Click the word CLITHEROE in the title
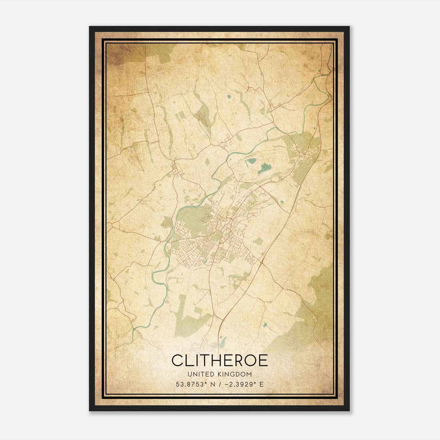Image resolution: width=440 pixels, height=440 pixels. coord(220,360)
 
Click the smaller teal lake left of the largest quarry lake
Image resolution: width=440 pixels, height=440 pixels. coord(251,161)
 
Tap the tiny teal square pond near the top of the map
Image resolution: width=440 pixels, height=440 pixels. coord(229,96)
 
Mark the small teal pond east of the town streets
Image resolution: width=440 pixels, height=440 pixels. coord(282,202)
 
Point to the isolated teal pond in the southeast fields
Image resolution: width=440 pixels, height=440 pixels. coord(265,325)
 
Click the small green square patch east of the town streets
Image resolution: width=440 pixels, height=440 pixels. coord(258,242)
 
